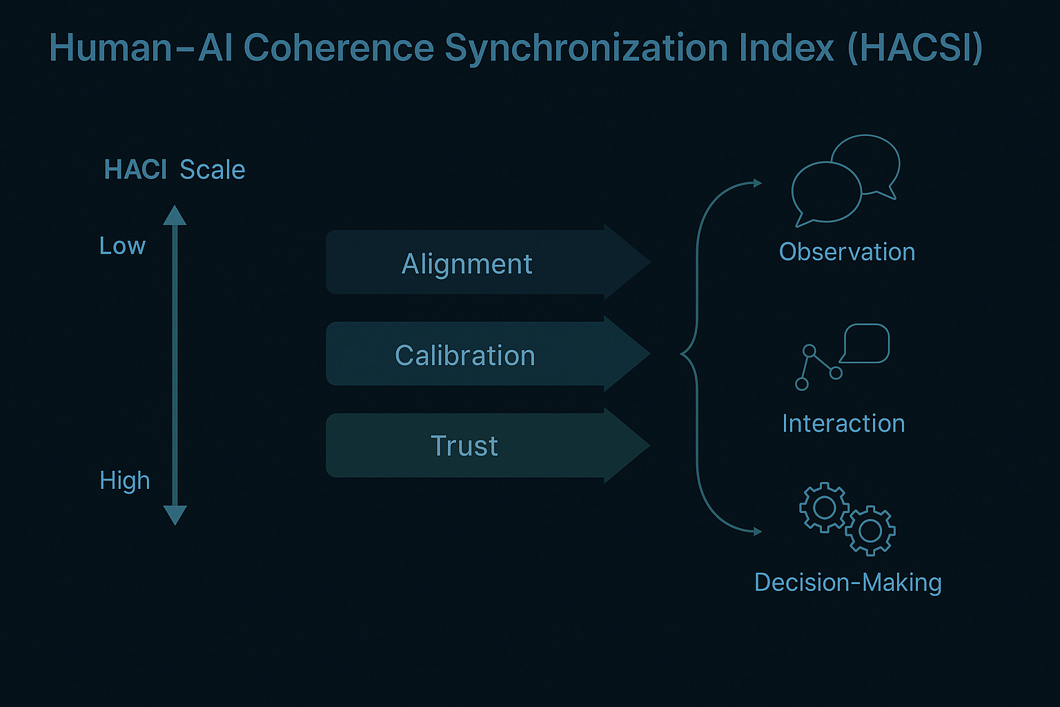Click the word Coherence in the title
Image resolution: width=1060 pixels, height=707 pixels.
point(338,48)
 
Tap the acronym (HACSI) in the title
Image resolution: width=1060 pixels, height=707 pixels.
point(914,48)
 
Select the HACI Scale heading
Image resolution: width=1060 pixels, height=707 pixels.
point(175,170)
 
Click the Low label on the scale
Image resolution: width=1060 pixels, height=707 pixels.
point(122,246)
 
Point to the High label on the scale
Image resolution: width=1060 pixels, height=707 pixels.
point(124,481)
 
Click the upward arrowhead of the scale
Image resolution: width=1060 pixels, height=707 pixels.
point(175,215)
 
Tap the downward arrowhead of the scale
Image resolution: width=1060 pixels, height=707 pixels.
point(175,515)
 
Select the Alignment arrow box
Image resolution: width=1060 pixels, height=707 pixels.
point(467,264)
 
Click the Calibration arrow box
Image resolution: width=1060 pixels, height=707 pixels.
point(465,356)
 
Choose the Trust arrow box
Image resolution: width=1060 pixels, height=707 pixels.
point(464,446)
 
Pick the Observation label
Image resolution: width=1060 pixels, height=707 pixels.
point(847,252)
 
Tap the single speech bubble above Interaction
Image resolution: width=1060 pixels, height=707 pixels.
point(867,343)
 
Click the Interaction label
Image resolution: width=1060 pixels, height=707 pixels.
point(843,423)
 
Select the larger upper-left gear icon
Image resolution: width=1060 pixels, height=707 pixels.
point(824,507)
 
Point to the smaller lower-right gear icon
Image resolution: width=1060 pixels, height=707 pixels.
point(870,531)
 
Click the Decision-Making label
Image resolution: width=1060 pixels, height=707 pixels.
point(847,583)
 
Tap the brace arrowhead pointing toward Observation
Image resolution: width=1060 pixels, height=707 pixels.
point(757,183)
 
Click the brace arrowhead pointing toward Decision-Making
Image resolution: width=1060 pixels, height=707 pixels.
point(757,531)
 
